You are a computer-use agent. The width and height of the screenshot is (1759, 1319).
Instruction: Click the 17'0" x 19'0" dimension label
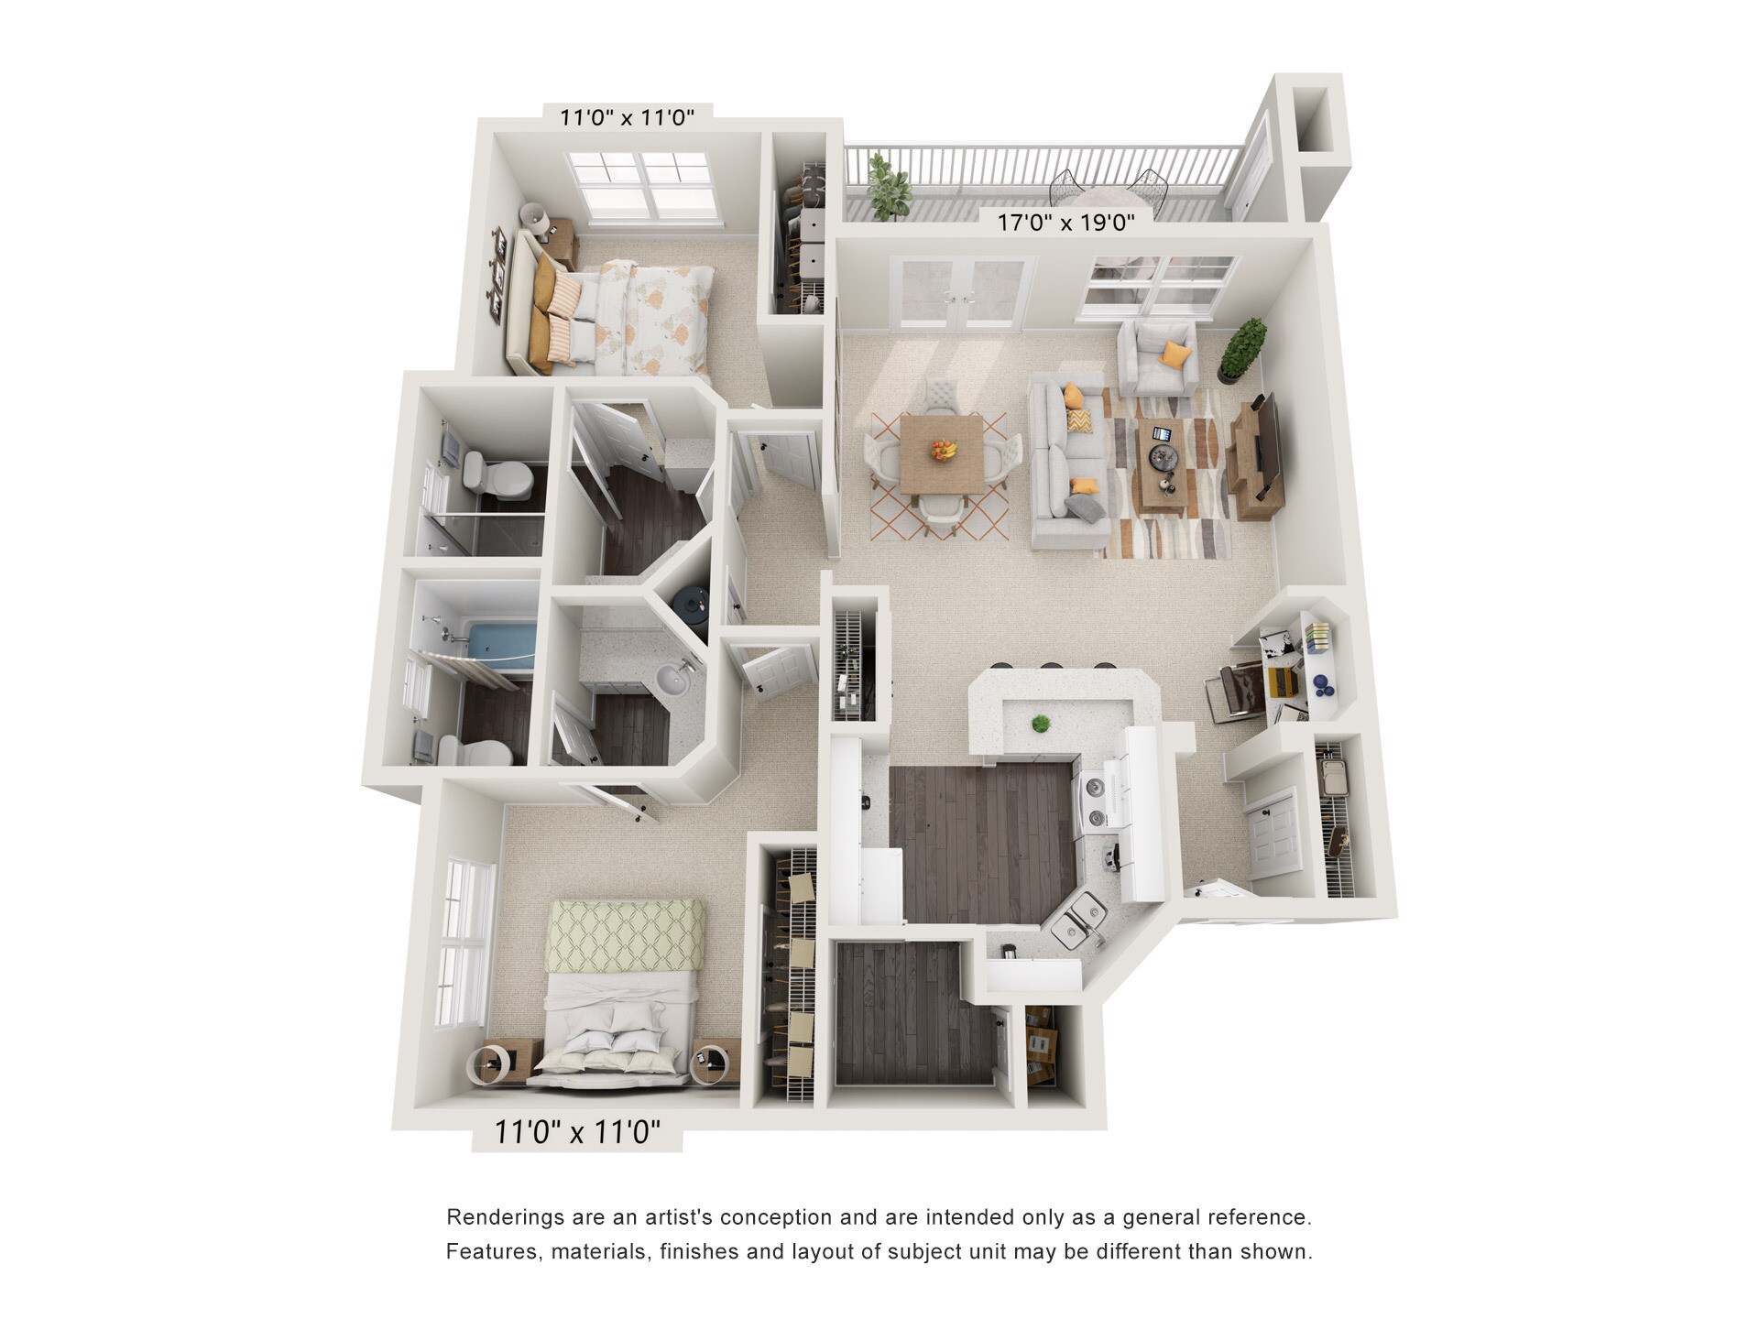pyautogui.click(x=1065, y=222)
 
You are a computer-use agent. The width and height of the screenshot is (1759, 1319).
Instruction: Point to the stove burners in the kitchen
pyautogui.click(x=1096, y=801)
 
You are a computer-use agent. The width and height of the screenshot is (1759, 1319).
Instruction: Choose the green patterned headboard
pyautogui.click(x=627, y=934)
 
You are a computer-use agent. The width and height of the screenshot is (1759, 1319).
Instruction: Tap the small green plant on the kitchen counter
pyautogui.click(x=1040, y=724)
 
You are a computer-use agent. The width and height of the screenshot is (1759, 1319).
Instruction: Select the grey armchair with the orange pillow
pyautogui.click(x=1160, y=357)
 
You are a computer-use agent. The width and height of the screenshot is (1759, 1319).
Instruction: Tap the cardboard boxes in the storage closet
pyautogui.click(x=1041, y=1043)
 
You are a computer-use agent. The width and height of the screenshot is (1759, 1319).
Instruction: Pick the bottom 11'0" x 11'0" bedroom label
pyautogui.click(x=577, y=1132)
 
